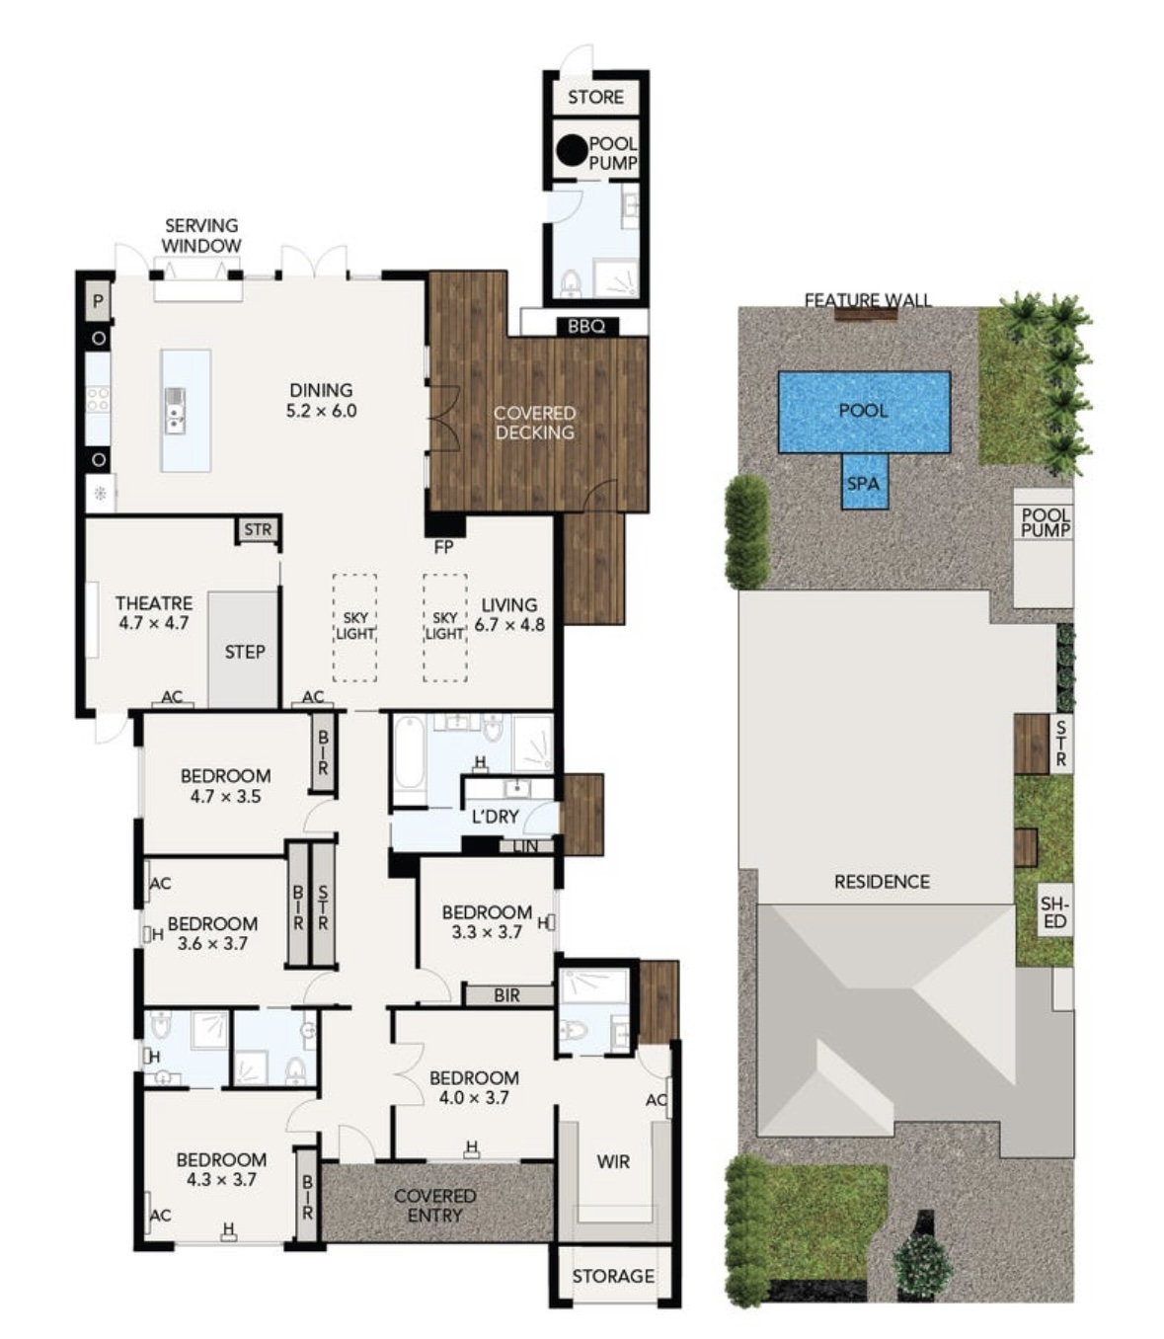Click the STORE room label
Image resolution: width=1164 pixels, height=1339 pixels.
coord(595,97)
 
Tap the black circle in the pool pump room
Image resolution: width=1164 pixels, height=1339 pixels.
coord(571,151)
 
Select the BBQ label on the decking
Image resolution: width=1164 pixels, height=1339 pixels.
coord(586,326)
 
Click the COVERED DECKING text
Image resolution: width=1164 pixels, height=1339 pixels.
coord(534,423)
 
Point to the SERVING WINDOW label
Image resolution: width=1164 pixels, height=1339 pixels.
coord(201,236)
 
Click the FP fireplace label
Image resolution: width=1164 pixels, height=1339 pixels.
coord(443,546)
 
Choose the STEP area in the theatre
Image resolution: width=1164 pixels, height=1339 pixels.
coord(244,652)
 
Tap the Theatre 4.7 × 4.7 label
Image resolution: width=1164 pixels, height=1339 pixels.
coord(153,612)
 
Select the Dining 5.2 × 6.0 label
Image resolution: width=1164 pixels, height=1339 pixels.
coord(321,400)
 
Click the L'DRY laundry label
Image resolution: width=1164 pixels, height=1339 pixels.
coord(495,816)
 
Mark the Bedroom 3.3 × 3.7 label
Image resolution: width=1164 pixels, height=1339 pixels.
coord(486,921)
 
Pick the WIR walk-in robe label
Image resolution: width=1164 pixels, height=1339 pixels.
coord(612,1162)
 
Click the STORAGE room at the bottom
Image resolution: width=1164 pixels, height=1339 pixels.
coord(613,1276)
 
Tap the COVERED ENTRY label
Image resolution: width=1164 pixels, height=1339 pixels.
coord(434,1205)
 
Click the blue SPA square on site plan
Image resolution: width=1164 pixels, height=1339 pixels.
coord(863,483)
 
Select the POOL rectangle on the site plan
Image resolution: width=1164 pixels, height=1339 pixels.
coord(864,411)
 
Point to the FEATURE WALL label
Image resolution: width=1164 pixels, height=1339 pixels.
coord(867,299)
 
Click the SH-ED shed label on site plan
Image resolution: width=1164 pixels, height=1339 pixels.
coord(1054,912)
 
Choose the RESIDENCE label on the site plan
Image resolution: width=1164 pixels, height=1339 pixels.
coord(882,882)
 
